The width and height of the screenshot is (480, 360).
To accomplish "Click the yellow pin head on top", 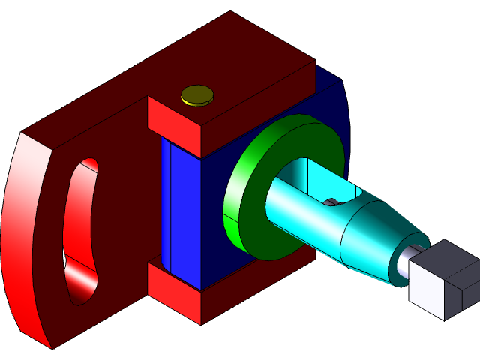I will click(x=197, y=94).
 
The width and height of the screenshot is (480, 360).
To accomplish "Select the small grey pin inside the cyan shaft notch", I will click(x=330, y=202).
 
